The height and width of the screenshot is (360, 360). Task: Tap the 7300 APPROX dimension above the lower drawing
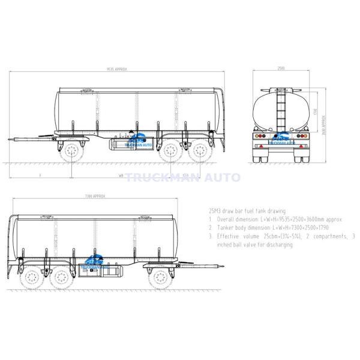coord(96,196)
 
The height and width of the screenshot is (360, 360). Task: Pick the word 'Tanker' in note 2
coord(227,229)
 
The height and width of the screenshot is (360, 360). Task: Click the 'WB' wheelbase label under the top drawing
coord(121,176)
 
